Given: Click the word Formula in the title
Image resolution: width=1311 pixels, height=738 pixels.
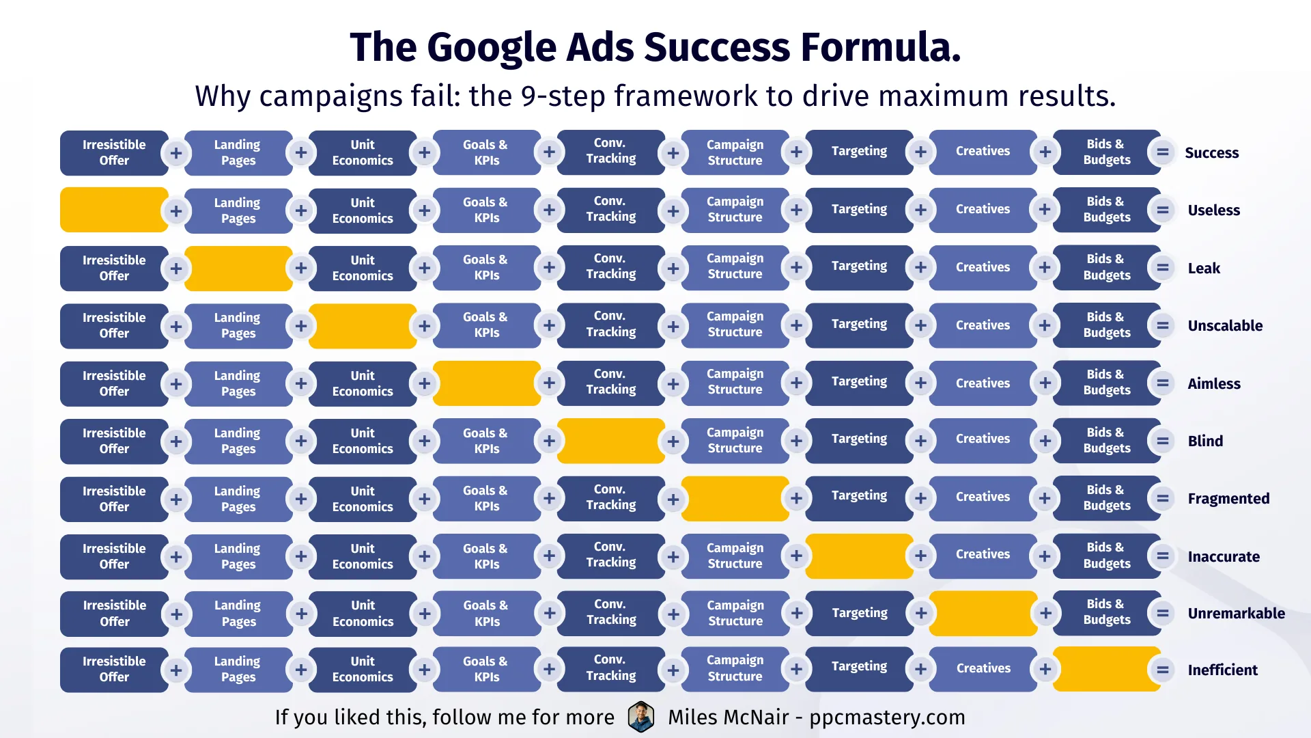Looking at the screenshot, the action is point(881,47).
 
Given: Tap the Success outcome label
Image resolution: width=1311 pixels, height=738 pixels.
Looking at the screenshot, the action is point(1211,152).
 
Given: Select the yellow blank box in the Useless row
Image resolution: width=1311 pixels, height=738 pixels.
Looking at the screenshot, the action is point(114,210).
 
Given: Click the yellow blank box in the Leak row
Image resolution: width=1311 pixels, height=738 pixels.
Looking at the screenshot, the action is point(238,268).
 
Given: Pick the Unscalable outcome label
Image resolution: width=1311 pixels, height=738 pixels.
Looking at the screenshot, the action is point(1225,325).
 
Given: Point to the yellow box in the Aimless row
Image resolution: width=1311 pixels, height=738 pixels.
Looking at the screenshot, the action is point(487,383).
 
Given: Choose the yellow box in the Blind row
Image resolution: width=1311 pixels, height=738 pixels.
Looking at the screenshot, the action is point(611,441).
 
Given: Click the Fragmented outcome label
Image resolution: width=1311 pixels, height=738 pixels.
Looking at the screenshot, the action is point(1228,499).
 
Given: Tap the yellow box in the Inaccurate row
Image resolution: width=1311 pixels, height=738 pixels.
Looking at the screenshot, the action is point(860,556).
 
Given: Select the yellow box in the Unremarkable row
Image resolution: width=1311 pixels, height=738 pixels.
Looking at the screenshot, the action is point(983,613).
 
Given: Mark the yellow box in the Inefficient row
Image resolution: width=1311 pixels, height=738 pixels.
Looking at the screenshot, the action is point(1107,669).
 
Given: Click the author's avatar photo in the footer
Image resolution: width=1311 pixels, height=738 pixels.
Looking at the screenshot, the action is point(641,717).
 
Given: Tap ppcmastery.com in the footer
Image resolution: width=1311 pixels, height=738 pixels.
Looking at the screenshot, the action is point(887,717).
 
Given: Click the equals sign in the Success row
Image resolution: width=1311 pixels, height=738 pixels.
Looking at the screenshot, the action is point(1162,152).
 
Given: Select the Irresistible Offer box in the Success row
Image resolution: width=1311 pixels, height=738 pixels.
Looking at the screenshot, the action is point(114,152).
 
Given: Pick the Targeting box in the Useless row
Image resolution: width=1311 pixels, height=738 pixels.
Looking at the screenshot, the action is point(860,210).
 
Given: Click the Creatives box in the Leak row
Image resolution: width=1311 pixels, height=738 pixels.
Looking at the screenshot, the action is point(983,267).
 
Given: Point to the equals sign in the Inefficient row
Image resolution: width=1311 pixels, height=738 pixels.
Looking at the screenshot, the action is point(1162,670).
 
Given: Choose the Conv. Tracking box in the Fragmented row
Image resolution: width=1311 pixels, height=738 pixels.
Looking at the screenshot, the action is point(611,497).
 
